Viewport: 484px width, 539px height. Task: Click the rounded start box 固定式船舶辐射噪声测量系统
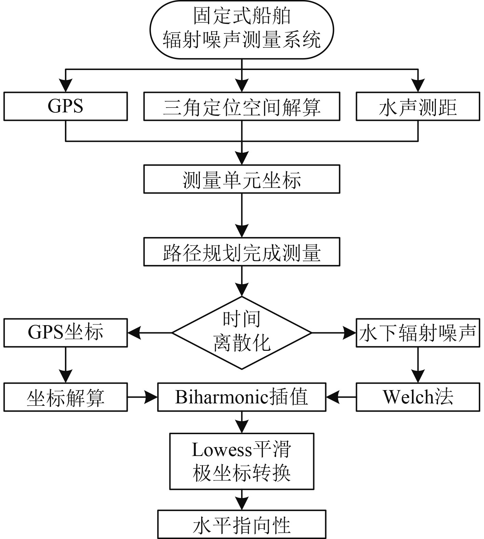tap(242, 29)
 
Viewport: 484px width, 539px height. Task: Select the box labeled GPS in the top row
tap(66, 106)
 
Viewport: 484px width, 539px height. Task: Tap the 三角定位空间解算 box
tap(242, 106)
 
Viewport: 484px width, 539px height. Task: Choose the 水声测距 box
tap(418, 106)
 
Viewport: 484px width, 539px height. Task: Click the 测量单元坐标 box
tap(242, 179)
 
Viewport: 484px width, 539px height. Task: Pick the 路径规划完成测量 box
tap(242, 252)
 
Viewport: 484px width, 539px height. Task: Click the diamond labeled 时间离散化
tap(242, 333)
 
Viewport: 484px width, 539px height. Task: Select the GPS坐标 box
tap(66, 333)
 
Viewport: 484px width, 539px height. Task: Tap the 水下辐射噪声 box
tap(418, 333)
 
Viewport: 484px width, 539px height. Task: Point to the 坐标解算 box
tap(66, 397)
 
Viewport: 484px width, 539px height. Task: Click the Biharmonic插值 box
tap(242, 397)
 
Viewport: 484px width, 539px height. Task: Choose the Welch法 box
tap(418, 397)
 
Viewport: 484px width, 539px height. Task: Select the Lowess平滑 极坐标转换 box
tap(242, 461)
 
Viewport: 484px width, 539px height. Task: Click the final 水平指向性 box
tap(242, 524)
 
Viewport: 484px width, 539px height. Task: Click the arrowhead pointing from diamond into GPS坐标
tap(134, 333)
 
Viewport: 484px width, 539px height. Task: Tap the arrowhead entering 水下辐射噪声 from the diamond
tap(349, 333)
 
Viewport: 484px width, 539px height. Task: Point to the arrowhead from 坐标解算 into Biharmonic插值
tap(151, 397)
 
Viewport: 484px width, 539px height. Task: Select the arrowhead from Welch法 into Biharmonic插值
tap(333, 397)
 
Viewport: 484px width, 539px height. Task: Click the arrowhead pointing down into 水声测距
tap(418, 85)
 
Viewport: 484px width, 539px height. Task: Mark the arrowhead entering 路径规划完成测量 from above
tap(242, 231)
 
